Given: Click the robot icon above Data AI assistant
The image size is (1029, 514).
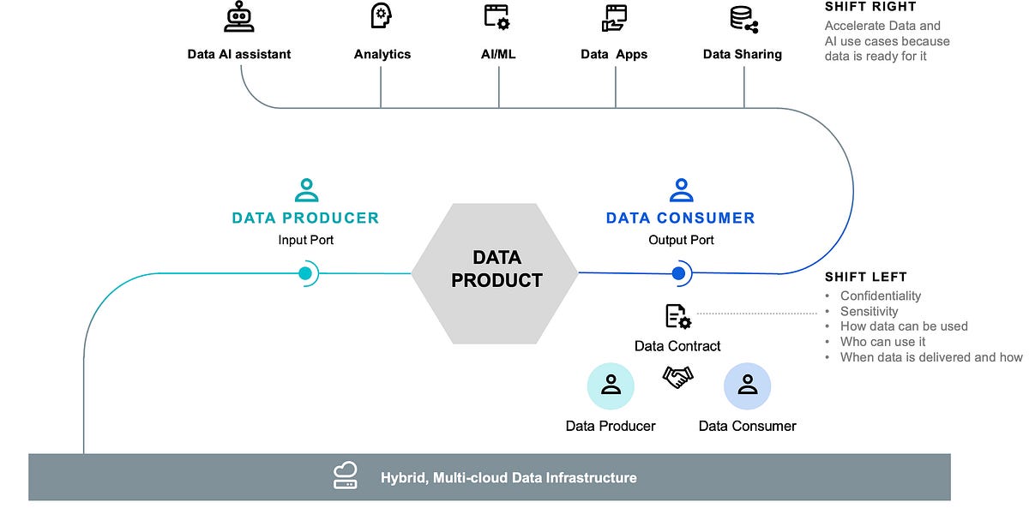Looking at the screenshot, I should (238, 17).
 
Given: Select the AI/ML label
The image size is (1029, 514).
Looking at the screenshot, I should (498, 54).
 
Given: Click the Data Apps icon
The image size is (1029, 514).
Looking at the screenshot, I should (615, 17).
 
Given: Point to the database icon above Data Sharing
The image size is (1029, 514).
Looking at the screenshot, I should (743, 19).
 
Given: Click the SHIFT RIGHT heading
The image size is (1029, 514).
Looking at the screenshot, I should (870, 7).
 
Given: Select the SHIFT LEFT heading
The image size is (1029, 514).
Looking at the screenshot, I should (865, 277).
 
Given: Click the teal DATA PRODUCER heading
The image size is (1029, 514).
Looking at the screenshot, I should (305, 218).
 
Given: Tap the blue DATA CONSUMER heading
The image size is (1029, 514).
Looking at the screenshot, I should (680, 218).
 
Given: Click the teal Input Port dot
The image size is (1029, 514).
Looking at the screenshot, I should (304, 273).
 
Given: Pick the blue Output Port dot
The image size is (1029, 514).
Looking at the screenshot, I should (679, 273).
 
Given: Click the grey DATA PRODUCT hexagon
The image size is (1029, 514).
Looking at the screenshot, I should (496, 269).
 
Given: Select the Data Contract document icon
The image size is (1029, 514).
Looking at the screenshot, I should (677, 317).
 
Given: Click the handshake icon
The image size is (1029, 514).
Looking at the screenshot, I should (677, 377).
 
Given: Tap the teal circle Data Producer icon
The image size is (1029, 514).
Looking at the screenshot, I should (611, 385).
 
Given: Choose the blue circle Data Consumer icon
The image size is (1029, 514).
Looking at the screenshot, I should (747, 385).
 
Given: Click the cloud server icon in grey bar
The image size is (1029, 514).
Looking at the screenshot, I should (346, 475).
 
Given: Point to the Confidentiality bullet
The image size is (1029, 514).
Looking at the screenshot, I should (881, 296).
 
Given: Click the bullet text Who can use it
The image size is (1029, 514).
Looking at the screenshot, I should (882, 342).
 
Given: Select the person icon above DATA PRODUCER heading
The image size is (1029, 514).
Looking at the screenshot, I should (305, 189).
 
